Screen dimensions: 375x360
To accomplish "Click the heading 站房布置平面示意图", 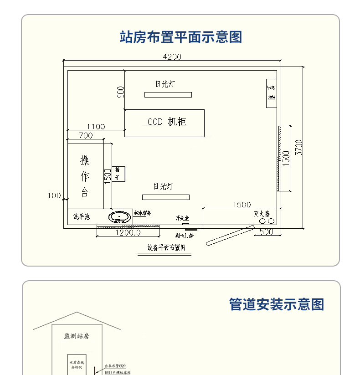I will tap(180, 37).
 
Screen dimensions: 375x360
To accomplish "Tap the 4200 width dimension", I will tap(172, 57).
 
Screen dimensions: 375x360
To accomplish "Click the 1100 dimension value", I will tap(95, 127).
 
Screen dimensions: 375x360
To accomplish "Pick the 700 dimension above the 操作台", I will tap(85, 135).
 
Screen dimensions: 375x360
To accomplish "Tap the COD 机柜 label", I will tap(167, 122).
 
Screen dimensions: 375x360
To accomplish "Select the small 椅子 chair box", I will tap(118, 174).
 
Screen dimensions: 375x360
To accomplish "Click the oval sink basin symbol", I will tap(120, 217).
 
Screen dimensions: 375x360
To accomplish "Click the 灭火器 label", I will tap(262, 213).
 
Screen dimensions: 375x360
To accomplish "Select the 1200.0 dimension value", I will tap(128, 232).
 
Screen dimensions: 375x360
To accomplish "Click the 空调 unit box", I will tap(271, 93).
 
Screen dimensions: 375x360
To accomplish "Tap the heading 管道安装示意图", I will tap(276, 304).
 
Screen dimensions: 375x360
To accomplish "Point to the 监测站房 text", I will tap(77, 336).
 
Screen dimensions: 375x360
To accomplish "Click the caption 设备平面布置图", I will tap(166, 248).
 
